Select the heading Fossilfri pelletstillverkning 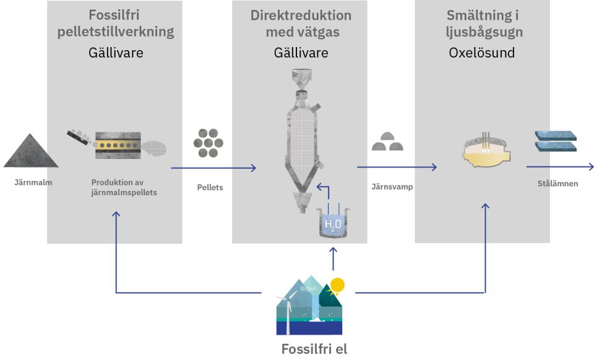pyautogui.click(x=116, y=24)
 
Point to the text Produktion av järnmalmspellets pyautogui.click(x=124, y=187)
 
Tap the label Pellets pyautogui.click(x=210, y=187)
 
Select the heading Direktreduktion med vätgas pyautogui.click(x=301, y=24)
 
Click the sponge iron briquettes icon pyautogui.click(x=387, y=142)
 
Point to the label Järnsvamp pyautogui.click(x=392, y=186)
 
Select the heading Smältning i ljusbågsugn pyautogui.click(x=481, y=24)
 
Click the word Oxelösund pyautogui.click(x=481, y=53)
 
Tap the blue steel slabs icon pyautogui.click(x=555, y=140)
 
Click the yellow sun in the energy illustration pyautogui.click(x=337, y=285)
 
